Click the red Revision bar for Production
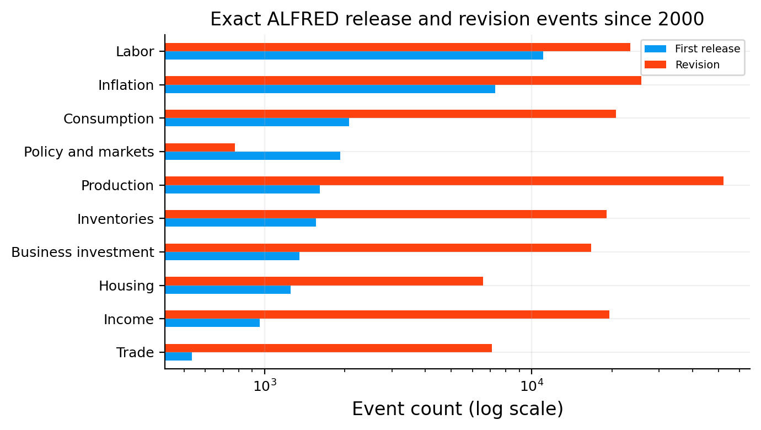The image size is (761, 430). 444,181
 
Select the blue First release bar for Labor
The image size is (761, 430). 354,55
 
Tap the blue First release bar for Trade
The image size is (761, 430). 179,356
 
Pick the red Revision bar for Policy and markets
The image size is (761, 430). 200,147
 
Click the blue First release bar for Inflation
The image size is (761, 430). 330,89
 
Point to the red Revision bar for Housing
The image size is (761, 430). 324,281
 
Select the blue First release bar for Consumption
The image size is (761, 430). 257,122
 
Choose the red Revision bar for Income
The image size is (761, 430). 387,315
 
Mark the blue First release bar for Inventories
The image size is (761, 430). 240,223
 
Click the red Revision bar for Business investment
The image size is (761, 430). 378,248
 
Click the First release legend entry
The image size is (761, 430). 692,49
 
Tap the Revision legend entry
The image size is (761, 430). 682,64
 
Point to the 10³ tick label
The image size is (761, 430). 265,385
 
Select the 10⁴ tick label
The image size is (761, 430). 532,385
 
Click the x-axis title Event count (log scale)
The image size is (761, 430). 458,409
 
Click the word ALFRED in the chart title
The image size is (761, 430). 303,19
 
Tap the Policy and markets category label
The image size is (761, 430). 89,152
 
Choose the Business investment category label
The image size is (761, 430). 83,252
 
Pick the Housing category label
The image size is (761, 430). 126,286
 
